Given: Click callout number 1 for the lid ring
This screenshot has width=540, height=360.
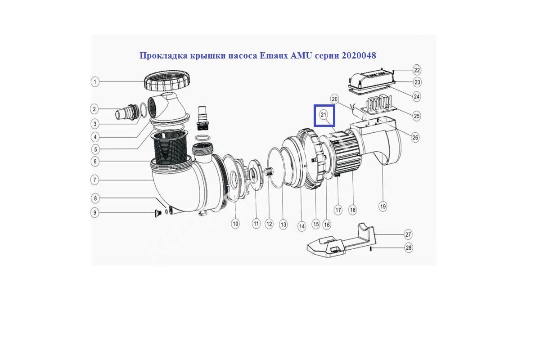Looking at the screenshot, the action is point(95,82).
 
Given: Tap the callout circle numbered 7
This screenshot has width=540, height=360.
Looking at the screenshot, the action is point(95,180).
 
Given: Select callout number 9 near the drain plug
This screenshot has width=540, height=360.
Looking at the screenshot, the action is point(95,213).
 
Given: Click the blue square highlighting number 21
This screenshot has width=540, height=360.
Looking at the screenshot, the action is point(324,116).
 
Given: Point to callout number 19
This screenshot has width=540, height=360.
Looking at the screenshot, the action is point(383,207).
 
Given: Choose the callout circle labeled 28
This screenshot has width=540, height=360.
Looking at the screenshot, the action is point(409,247).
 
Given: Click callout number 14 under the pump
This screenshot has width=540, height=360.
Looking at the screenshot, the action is point(301,227).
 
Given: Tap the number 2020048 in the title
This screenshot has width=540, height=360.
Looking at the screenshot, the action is point(359,56).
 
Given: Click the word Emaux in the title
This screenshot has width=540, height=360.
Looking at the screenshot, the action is point(274,56).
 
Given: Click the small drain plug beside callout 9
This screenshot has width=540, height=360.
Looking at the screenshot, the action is point(158,213).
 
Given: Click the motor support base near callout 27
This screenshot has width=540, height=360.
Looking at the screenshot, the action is point(342,241).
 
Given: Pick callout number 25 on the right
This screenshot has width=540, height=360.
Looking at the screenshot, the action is point(417,116).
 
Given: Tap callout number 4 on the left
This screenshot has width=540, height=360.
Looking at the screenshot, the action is point(95,137).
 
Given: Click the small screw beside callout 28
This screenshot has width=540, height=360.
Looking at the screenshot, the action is point(370,249).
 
